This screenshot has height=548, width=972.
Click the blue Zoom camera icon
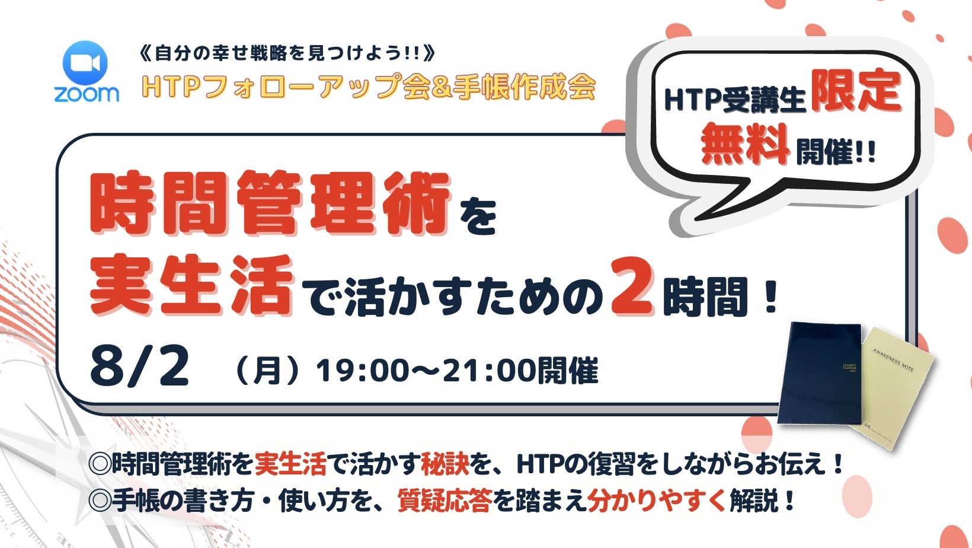[x=85, y=63]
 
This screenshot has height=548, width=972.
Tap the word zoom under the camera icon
[x=87, y=94]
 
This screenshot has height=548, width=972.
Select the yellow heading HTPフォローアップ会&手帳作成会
[x=369, y=87]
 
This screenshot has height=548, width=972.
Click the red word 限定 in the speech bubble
[x=856, y=91]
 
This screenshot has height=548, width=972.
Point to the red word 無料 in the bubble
[x=744, y=144]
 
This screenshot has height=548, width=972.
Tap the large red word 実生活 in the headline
[x=191, y=285]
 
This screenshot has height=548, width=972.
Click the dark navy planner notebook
[x=820, y=374]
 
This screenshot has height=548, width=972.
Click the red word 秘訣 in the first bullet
[x=445, y=464]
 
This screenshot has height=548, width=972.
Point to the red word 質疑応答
[x=445, y=501]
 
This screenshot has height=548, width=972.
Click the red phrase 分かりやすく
[x=657, y=501]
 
